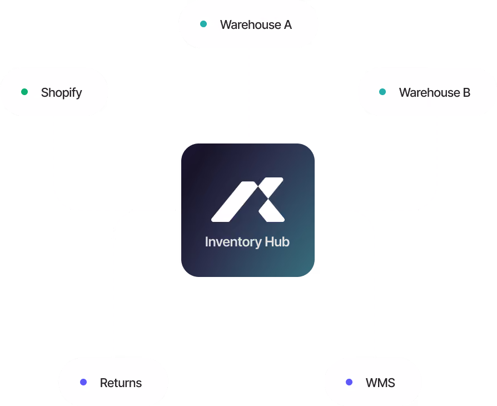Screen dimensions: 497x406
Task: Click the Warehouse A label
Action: pos(256,24)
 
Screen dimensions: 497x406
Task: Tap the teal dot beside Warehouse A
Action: pos(203,24)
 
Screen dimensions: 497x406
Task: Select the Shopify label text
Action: pos(62,93)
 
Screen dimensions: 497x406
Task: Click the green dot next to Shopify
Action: pos(24,92)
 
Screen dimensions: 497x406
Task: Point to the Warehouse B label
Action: pos(435,93)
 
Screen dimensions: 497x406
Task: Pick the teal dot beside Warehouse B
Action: pos(382,92)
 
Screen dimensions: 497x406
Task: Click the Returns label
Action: pos(121,383)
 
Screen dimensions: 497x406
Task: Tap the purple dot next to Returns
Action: pos(83,382)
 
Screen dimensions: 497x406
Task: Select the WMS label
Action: pos(380,383)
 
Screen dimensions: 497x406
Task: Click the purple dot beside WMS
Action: pos(349,382)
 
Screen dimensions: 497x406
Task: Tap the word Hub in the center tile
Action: pos(277,242)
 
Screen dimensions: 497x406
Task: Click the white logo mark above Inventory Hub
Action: pos(248,200)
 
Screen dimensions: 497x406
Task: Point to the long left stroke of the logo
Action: pos(235,202)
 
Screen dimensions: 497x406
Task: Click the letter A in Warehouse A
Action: pos(287,24)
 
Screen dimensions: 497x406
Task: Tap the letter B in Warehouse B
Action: pos(466,93)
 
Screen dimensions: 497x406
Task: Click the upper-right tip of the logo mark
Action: pos(281,179)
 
